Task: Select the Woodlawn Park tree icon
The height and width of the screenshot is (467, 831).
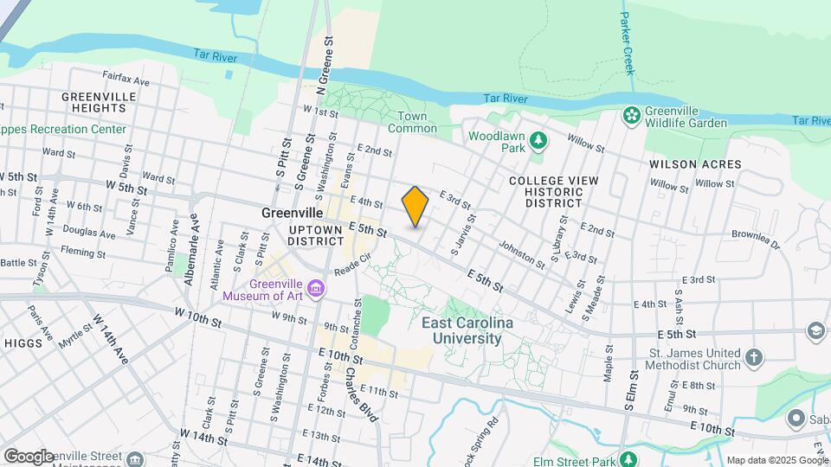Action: [x=538, y=138]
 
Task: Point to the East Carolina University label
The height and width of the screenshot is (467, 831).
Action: [x=467, y=330]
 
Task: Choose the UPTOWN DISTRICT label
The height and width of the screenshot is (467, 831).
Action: [x=316, y=235]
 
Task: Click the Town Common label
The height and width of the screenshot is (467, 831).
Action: [x=412, y=122]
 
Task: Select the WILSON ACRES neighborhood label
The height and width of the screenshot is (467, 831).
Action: [x=696, y=163]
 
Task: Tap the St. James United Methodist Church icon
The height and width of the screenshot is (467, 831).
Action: [x=754, y=356]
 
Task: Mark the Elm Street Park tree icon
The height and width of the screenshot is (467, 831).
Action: [x=629, y=459]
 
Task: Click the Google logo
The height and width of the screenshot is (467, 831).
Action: [x=28, y=456]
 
